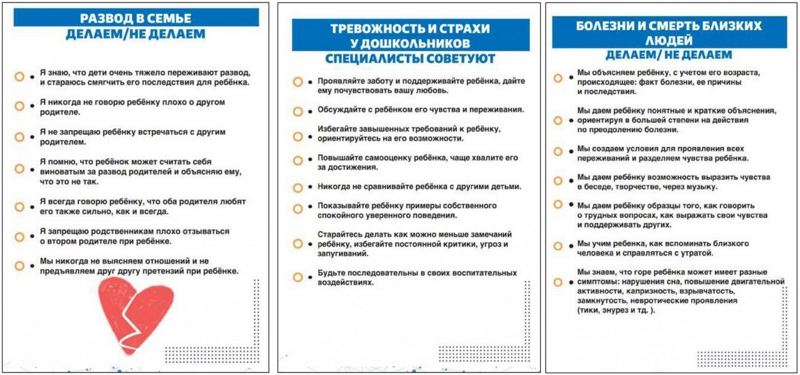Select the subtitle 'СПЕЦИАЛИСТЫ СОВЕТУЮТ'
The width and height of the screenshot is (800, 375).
[x=410, y=59]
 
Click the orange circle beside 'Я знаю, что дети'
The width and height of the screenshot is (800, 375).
[x=19, y=77]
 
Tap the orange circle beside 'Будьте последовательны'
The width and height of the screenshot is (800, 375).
[x=297, y=277]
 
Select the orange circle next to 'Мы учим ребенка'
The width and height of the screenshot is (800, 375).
[x=557, y=246]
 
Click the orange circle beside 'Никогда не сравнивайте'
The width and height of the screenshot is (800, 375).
[x=297, y=187]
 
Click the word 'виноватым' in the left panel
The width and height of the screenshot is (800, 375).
[x=61, y=172]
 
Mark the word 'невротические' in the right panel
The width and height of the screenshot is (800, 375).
[x=651, y=301]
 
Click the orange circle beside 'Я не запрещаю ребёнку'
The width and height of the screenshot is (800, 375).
[x=19, y=137]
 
